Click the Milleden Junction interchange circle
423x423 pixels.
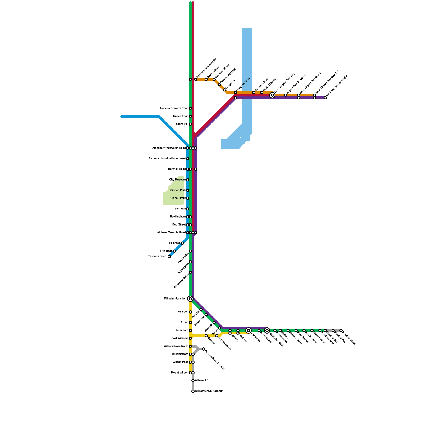[190, 299]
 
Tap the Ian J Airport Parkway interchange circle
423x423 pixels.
[272, 95]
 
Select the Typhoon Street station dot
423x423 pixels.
[169, 256]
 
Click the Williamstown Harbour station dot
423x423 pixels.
[193, 391]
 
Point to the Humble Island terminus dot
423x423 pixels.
[341, 330]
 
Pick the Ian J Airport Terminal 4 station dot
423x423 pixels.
[325, 98]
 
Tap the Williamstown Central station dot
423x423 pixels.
[204, 349]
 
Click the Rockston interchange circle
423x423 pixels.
[249, 330]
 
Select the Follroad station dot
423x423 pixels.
[182, 243]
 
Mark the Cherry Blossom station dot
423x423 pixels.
[219, 85]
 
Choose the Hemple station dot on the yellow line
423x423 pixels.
[206, 336]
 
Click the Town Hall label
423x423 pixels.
[180, 209]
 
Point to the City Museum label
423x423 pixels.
[177, 180]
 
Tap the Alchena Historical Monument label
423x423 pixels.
[167, 159]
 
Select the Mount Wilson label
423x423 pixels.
[180, 373]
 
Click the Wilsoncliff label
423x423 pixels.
[202, 381]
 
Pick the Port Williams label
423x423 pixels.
[180, 338]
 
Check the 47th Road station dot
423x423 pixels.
[174, 251]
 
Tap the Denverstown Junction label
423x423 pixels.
[207, 68]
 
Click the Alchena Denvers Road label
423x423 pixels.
[174, 108]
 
